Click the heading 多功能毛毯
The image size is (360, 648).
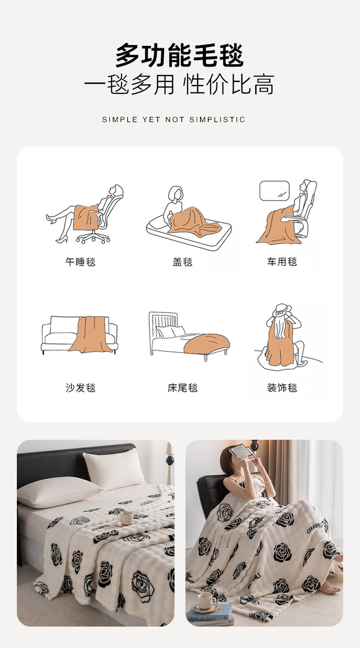click(180, 55)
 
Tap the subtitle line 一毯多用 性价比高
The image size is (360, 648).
click(180, 84)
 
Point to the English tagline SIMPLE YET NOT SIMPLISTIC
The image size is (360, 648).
click(174, 120)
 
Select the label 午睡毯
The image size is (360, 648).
click(80, 262)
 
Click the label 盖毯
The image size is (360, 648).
click(183, 262)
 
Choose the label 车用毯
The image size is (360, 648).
click(282, 262)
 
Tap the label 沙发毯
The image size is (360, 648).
click(80, 388)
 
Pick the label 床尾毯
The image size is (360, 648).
click(183, 388)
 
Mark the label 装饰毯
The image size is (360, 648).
click(282, 388)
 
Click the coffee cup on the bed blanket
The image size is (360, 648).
click(125, 518)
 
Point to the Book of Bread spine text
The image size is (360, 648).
click(203, 617)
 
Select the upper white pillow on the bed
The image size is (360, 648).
click(114, 466)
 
